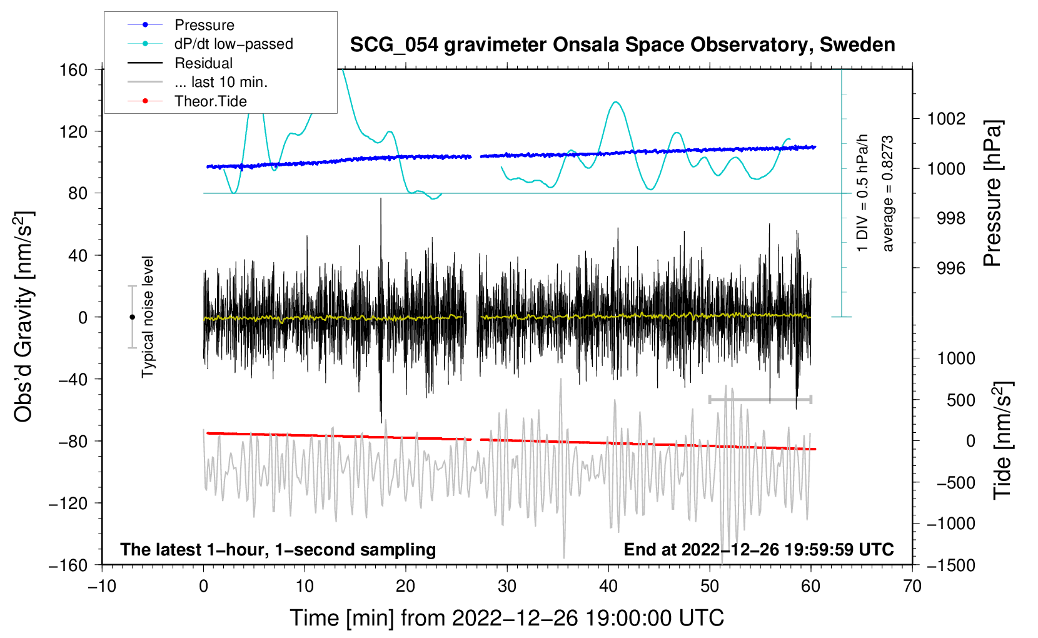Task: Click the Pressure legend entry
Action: (204, 25)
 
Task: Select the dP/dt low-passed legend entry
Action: (233, 44)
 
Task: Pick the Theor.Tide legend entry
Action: (210, 101)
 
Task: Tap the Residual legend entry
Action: (203, 63)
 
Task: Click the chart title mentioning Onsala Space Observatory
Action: (622, 45)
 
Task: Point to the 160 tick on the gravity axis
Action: (74, 69)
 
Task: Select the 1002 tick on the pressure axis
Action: (946, 118)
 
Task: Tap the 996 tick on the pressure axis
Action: (950, 268)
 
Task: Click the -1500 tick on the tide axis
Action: (951, 565)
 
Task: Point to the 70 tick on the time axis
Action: (912, 586)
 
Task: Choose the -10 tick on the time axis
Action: (102, 586)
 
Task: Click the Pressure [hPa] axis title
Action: (992, 194)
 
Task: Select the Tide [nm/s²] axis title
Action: (1002, 440)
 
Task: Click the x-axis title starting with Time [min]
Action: (506, 618)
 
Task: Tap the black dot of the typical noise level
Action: (132, 317)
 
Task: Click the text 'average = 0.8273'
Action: (887, 194)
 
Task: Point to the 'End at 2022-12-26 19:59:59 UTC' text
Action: (758, 549)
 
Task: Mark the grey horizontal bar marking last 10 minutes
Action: (760, 399)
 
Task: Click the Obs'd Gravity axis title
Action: (24, 316)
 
